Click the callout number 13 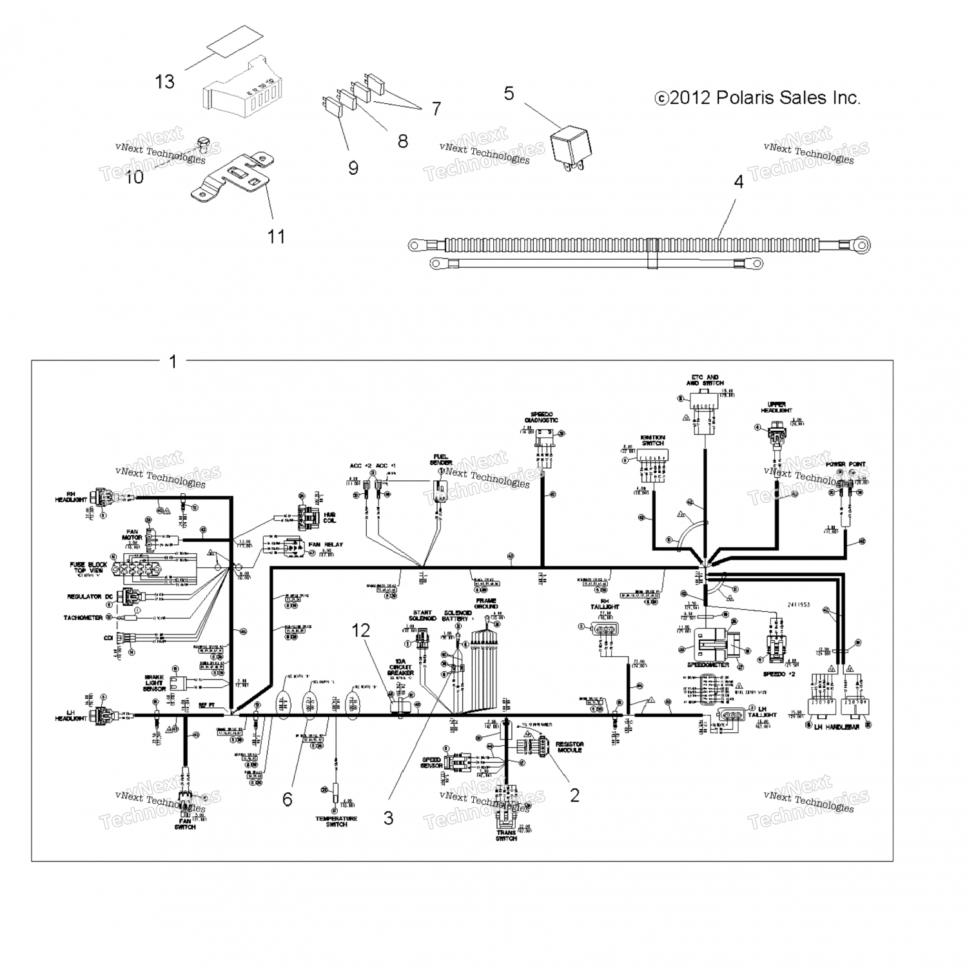point(165,82)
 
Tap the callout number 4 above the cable point(739,182)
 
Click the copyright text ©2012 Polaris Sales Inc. point(757,98)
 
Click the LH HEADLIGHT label point(71,715)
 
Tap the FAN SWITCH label point(185,824)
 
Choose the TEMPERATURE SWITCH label point(337,821)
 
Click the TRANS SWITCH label point(507,835)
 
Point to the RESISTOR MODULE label point(569,747)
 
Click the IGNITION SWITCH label point(652,440)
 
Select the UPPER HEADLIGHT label point(776,407)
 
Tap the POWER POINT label point(845,464)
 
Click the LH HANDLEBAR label point(837,727)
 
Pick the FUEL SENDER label point(441,460)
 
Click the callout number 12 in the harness point(360,630)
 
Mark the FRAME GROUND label point(486,603)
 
